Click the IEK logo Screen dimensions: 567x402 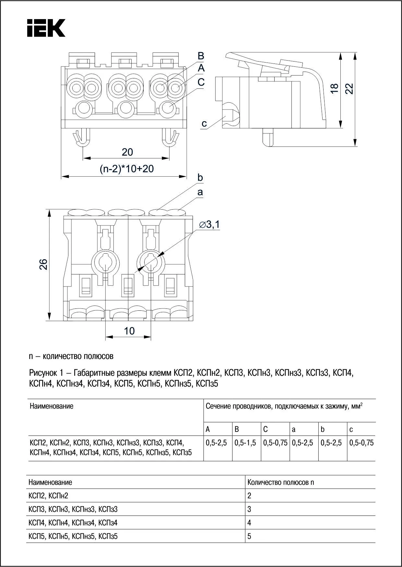click(46, 28)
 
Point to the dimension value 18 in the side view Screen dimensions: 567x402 click(334, 88)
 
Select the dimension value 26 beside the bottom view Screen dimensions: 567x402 click(43, 264)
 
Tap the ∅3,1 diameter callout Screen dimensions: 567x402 click(209, 224)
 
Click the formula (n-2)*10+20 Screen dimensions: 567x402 click(127, 169)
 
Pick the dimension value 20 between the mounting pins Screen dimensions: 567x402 click(127, 152)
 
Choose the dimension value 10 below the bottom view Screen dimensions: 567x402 click(129, 331)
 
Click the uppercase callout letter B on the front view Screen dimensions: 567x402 click(201, 56)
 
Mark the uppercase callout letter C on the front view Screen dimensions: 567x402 click(201, 82)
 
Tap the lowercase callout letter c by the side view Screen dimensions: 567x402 click(204, 123)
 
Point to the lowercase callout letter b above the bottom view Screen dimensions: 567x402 click(200, 178)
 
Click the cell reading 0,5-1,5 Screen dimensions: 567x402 click(245, 443)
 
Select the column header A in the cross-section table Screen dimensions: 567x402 click(208, 429)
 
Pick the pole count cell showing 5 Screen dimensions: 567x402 click(249, 536)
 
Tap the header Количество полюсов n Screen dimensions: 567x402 click(280, 482)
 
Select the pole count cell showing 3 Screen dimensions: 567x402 click(249, 509)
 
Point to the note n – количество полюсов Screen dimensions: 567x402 click(71, 356)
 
